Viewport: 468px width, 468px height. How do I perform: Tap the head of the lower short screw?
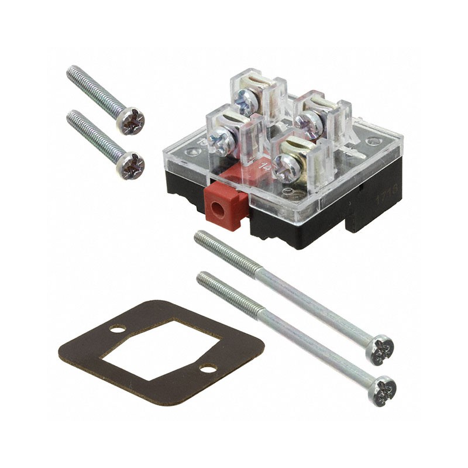pyautogui.click(x=130, y=165)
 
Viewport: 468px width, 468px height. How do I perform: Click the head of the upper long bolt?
pyautogui.click(x=383, y=349)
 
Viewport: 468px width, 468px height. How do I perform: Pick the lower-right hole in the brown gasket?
pyautogui.click(x=208, y=369)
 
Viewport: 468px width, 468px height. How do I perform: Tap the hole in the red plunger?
pyautogui.click(x=223, y=208)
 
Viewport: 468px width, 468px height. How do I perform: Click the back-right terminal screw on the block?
pyautogui.click(x=306, y=120)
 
